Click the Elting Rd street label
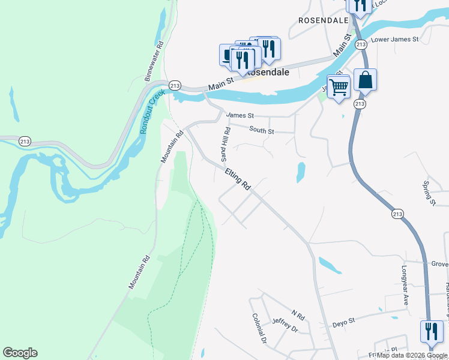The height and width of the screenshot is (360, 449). coord(238,179)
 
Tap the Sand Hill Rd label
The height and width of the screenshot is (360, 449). coord(226,145)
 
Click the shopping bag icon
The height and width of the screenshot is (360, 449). coord(365,80)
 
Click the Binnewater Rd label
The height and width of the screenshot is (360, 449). coord(154,61)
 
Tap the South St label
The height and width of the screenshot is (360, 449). coord(262,130)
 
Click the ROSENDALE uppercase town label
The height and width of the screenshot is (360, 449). coord(324,20)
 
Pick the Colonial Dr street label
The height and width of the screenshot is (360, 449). coord(259,328)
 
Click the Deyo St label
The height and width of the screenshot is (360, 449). coord(345,323)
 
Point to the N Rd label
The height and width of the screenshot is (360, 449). coord(298,314)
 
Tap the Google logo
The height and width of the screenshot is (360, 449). coord(20,353)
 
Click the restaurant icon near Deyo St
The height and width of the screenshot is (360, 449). coord(431,331)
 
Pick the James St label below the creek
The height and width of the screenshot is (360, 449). coord(240,115)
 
